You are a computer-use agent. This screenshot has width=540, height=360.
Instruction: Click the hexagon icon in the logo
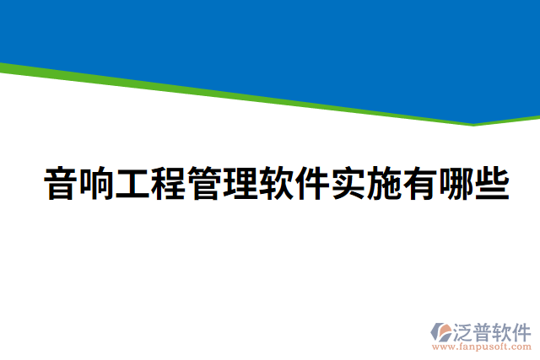click(x=440, y=333)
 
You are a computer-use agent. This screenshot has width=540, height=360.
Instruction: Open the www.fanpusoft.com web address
click(x=481, y=346)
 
